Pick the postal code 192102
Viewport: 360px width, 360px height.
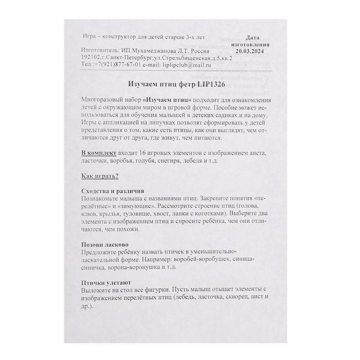click(x=93, y=59)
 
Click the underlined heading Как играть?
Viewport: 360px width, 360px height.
click(x=100, y=176)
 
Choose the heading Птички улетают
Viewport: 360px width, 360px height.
click(x=106, y=281)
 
